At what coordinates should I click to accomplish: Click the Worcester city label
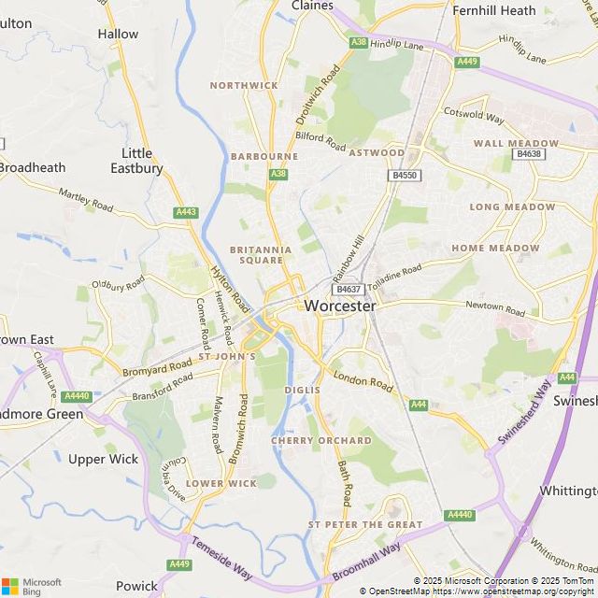point(340,306)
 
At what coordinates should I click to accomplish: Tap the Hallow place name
point(118,34)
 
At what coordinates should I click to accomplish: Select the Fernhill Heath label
point(494,10)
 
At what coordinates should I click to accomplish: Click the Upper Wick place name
point(103,459)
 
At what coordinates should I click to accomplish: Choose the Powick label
point(136,586)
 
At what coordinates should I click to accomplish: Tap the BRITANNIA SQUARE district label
point(261,255)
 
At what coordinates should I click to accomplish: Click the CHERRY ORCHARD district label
point(321,440)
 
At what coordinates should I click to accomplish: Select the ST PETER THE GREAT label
point(365,525)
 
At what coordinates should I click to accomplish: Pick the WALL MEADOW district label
point(516,143)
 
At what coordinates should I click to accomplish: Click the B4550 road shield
point(405,175)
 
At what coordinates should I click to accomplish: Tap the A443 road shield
point(186,213)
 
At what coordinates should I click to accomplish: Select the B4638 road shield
point(529,154)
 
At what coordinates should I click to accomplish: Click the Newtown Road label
point(496,307)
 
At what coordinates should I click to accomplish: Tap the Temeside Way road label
point(222,557)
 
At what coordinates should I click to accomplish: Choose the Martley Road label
point(85,198)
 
